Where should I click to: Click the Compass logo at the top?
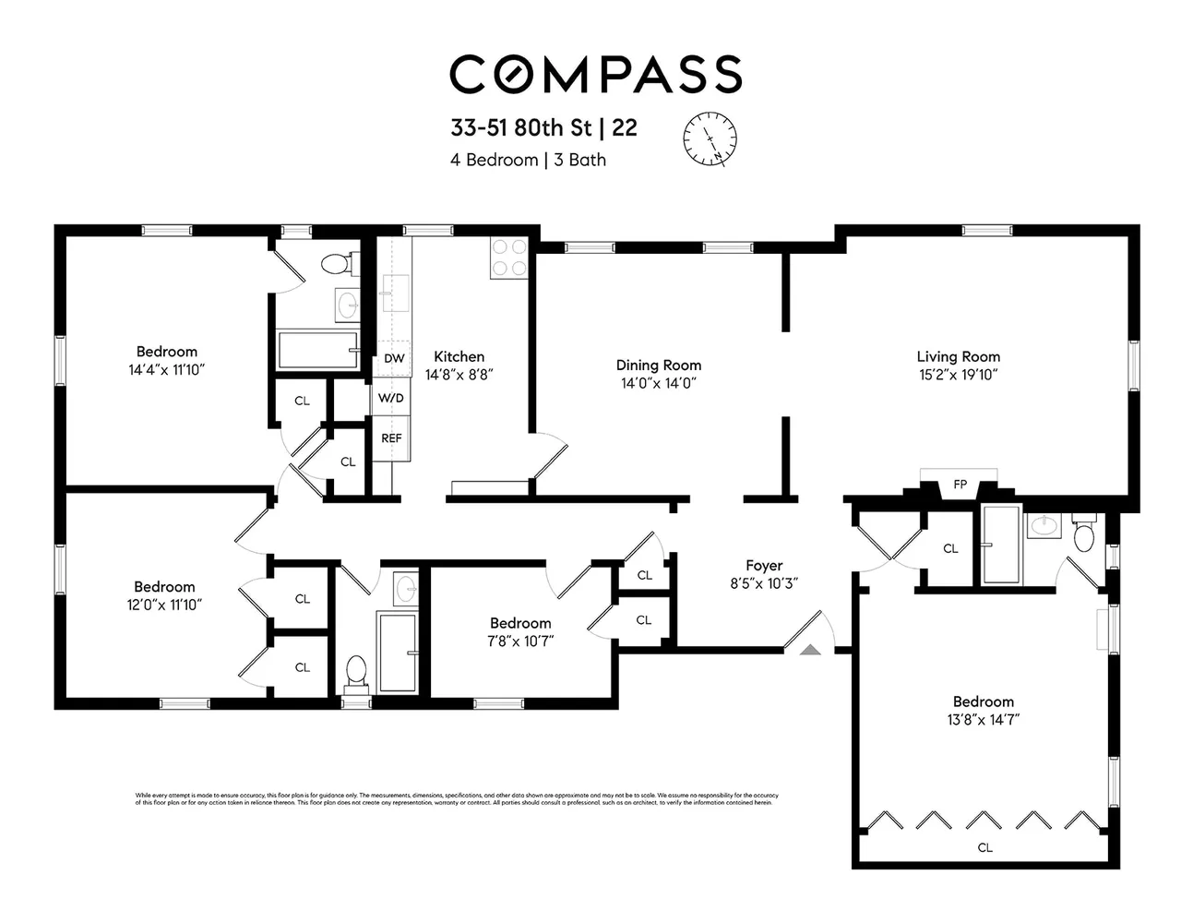coord(595,74)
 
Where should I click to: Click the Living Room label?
coord(958,356)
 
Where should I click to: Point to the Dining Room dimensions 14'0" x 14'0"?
coord(658,383)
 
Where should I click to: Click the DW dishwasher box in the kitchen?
coord(394,358)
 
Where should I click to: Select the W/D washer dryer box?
coord(390,399)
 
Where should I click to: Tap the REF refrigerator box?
coord(391,438)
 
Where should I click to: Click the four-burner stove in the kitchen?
coord(508,258)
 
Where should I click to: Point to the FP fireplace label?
coord(960,485)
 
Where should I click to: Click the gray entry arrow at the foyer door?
coord(810,649)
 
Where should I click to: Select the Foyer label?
coord(764,566)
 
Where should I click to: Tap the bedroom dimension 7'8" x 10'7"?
coord(520,641)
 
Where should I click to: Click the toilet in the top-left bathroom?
coord(336,264)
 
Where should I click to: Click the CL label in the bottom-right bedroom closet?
coord(984,847)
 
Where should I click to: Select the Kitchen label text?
coord(459,356)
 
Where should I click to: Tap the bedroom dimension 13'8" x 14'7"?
coord(983,720)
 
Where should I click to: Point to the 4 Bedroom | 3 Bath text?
coord(528,160)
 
